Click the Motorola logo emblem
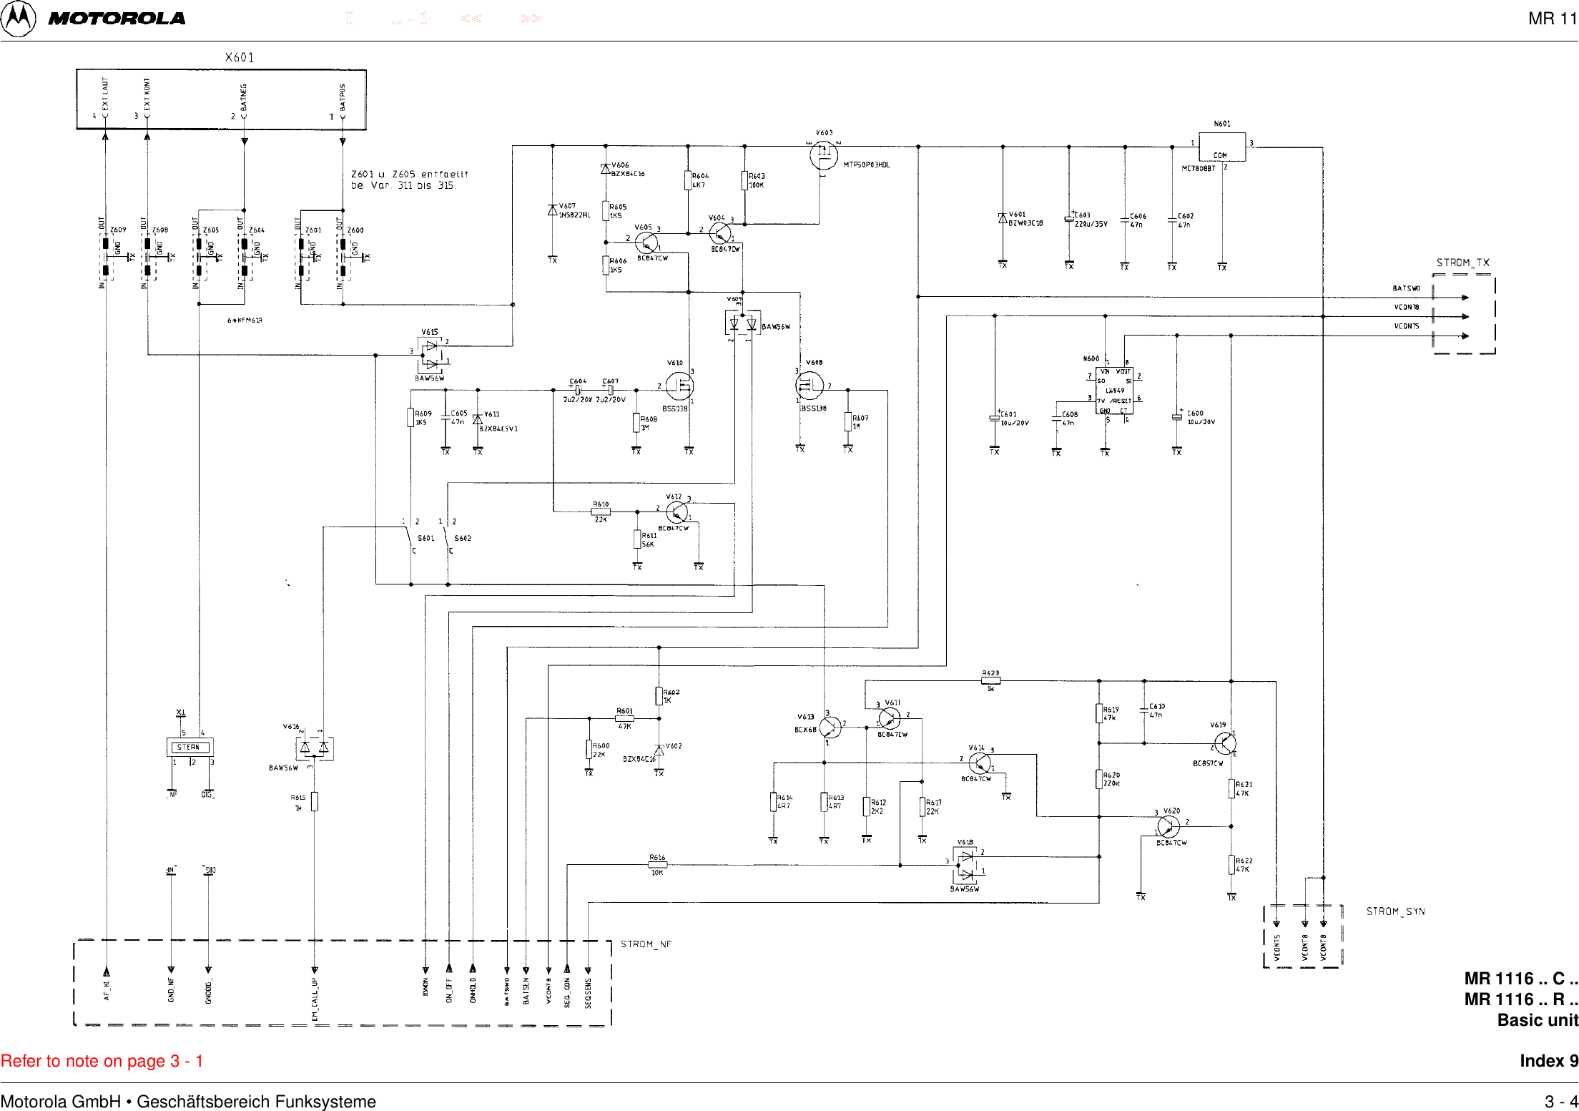pos(18,19)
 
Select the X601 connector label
pos(239,57)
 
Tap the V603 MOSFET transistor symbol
pos(824,154)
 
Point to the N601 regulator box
pos(1221,147)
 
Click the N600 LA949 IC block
pos(1114,391)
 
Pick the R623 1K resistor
pos(990,681)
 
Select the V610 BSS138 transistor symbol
pos(679,386)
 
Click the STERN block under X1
pos(190,747)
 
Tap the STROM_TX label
pos(1462,263)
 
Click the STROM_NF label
pos(646,944)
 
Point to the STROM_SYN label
pos(1395,911)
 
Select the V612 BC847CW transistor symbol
pos(677,512)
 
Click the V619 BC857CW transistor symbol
pos(1224,743)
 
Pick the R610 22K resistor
pos(601,512)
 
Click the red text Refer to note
pos(102,1061)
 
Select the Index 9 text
pos(1548,1061)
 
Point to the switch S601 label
pos(426,538)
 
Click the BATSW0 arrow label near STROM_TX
pos(1405,288)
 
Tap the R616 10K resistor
pos(657,865)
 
